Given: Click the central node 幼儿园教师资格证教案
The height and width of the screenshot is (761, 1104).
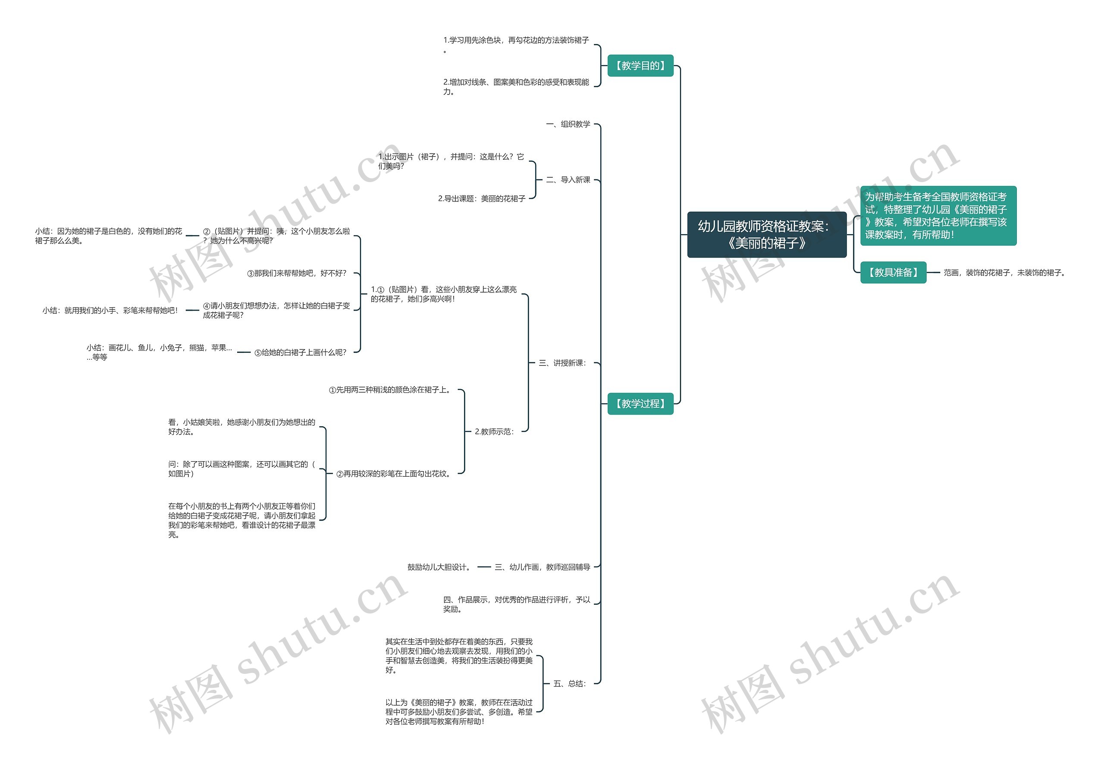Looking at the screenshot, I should pyautogui.click(x=766, y=235).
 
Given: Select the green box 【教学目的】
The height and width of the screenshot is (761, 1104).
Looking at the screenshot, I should pyautogui.click(x=640, y=66).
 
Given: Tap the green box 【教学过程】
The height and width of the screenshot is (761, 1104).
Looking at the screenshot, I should pyautogui.click(x=640, y=404).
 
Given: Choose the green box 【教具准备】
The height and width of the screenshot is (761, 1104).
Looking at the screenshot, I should pyautogui.click(x=893, y=273).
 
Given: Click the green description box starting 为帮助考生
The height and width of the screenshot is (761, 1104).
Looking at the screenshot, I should pyautogui.click(x=938, y=216).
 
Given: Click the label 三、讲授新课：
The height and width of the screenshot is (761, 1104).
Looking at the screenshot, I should pyautogui.click(x=562, y=363).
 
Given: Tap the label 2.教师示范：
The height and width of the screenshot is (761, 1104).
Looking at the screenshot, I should pyautogui.click(x=494, y=432).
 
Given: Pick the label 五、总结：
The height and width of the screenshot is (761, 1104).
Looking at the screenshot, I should pyautogui.click(x=570, y=684).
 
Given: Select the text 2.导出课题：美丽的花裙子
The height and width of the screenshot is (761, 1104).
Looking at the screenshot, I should pyautogui.click(x=481, y=199).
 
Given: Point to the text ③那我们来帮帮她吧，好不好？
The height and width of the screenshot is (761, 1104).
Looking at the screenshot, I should pyautogui.click(x=297, y=274).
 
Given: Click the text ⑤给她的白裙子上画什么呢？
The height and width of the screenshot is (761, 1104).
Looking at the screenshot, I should pyautogui.click(x=300, y=353).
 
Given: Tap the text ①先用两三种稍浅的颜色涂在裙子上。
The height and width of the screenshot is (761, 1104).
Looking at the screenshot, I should pyautogui.click(x=390, y=390).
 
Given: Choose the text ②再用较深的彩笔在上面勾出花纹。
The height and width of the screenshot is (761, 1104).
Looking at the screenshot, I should pyautogui.click(x=394, y=474).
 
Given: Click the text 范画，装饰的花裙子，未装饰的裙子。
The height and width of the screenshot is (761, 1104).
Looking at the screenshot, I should pyautogui.click(x=1004, y=273).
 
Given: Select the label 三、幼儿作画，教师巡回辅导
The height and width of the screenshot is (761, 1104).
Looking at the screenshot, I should pyautogui.click(x=543, y=567).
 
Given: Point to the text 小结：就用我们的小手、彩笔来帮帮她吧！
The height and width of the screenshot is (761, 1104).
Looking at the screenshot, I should pyautogui.click(x=110, y=311).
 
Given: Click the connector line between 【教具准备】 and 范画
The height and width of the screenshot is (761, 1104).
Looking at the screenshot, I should pyautogui.click(x=933, y=273).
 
